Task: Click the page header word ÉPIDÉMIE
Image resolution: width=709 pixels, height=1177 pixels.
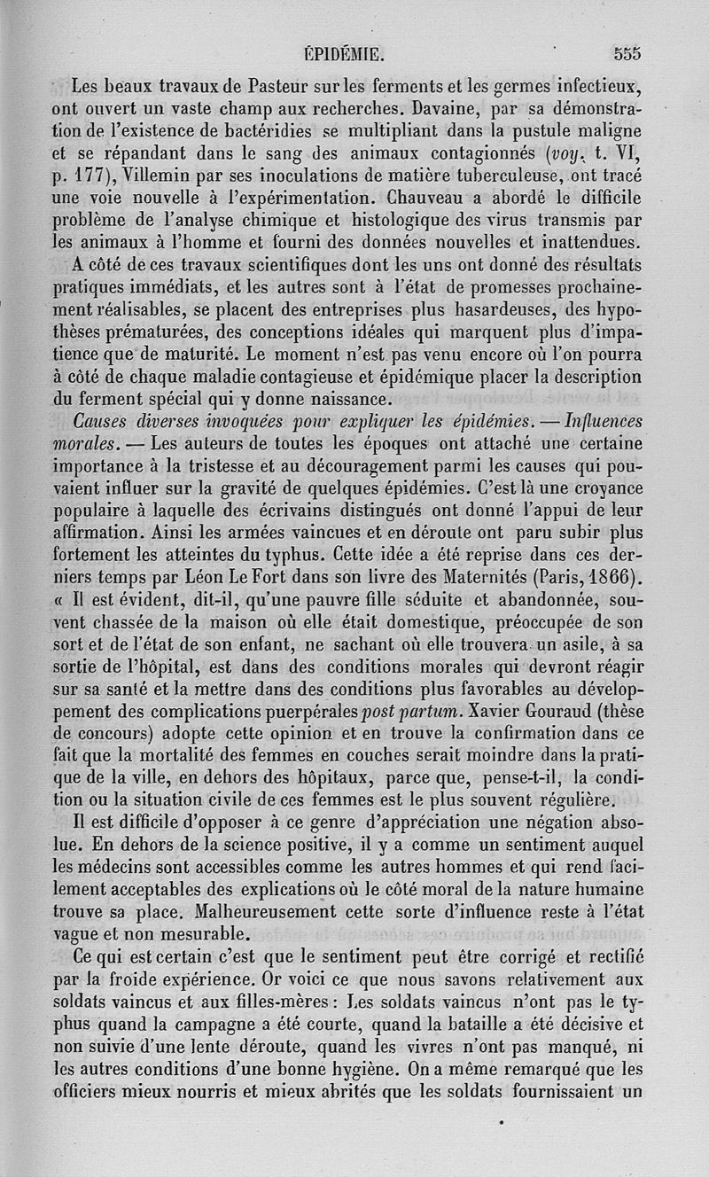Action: (x=343, y=53)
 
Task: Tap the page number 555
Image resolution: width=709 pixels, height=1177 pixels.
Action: (x=627, y=52)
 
